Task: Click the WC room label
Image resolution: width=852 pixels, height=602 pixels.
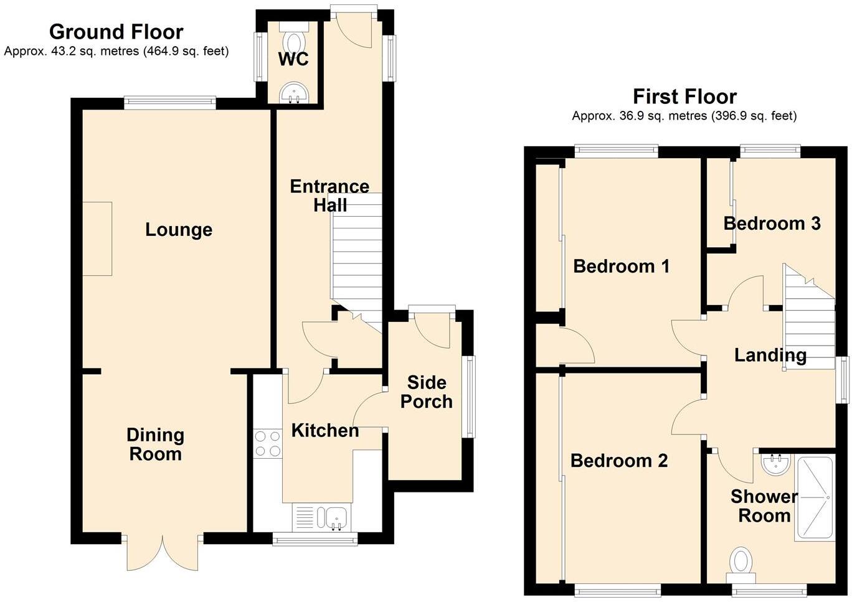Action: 293,60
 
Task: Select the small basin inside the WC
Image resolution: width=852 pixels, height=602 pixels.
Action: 293,94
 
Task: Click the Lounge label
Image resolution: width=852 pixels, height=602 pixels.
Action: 179,230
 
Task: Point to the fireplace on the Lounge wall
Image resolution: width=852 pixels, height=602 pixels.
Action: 97,238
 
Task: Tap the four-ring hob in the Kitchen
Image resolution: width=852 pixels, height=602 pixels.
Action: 267,443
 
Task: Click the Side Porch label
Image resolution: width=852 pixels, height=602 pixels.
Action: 426,392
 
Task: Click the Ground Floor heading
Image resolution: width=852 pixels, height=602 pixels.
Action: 116,31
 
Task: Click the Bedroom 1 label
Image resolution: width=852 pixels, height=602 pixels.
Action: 621,266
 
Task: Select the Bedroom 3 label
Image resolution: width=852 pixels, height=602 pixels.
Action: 772,223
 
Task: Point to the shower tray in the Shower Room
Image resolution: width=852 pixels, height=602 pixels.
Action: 814,498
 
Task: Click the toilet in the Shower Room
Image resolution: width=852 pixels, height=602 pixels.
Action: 741,560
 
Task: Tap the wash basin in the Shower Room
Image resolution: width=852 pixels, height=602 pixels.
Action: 776,464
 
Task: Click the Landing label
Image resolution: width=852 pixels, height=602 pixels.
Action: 770,355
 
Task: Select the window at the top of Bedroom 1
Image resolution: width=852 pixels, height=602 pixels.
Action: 616,149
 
